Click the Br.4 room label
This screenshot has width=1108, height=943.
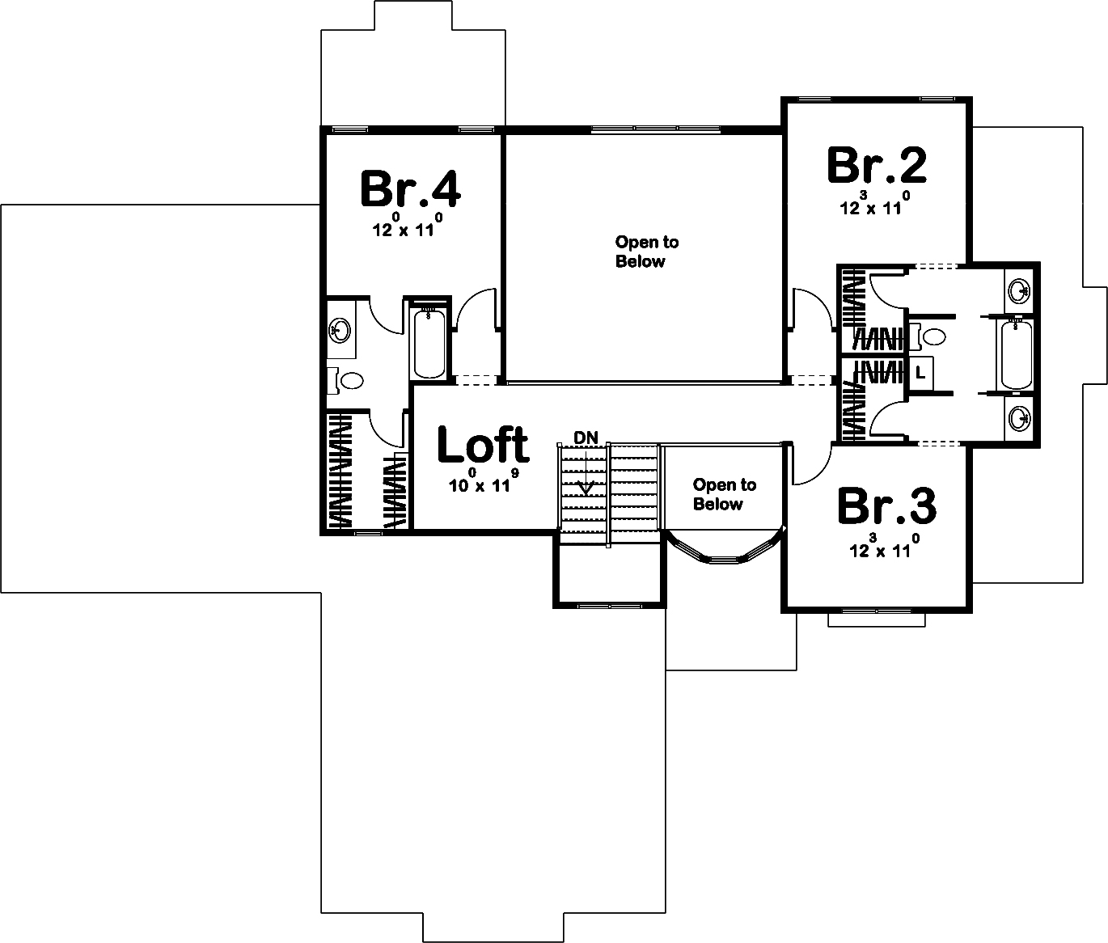(x=410, y=189)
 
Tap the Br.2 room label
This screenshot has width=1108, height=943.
(x=877, y=166)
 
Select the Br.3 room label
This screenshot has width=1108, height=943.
(x=886, y=506)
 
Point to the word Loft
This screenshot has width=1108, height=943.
(x=483, y=445)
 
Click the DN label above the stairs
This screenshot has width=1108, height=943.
(x=586, y=438)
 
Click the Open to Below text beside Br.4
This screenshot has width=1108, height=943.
(x=646, y=252)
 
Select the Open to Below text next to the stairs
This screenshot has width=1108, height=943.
(x=724, y=494)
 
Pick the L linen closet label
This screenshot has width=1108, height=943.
(x=920, y=373)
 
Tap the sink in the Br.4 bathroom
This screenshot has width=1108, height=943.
(x=340, y=330)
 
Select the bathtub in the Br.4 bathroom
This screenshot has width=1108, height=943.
(x=429, y=344)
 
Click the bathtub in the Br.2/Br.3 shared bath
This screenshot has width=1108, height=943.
(x=1016, y=354)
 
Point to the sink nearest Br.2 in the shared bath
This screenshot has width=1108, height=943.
(x=1019, y=289)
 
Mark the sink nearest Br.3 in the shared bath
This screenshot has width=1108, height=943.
(x=1019, y=418)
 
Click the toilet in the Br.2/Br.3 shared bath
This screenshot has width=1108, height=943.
(x=930, y=336)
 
